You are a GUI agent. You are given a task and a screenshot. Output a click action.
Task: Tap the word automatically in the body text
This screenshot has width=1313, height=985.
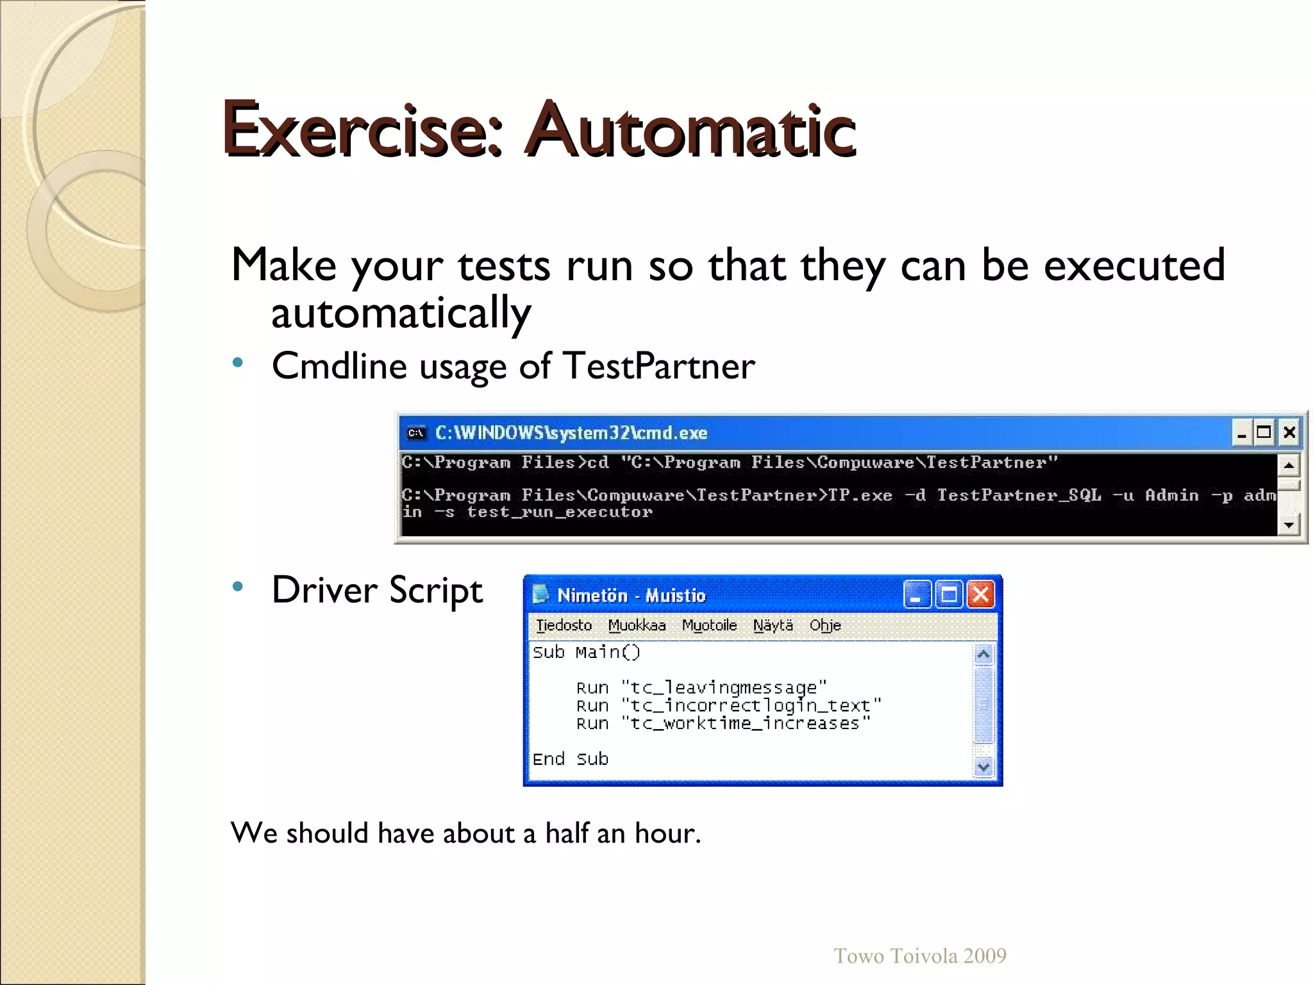pyautogui.click(x=401, y=314)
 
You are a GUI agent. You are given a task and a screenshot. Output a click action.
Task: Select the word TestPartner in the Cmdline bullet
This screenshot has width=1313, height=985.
pyautogui.click(x=659, y=366)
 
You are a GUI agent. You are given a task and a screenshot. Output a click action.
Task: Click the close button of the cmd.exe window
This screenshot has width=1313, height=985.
pyautogui.click(x=1289, y=433)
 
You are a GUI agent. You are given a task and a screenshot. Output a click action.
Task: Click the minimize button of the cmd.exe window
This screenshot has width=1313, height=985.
pyautogui.click(x=1242, y=433)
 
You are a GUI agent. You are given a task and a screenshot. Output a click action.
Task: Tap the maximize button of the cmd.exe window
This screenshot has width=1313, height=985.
pyautogui.click(x=1264, y=433)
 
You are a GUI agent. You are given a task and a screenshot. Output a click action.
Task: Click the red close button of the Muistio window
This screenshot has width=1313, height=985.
pyautogui.click(x=981, y=594)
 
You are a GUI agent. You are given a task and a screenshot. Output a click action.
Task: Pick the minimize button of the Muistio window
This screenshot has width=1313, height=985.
pyautogui.click(x=917, y=594)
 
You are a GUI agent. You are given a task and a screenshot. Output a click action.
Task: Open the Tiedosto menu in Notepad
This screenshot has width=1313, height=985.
pyautogui.click(x=564, y=625)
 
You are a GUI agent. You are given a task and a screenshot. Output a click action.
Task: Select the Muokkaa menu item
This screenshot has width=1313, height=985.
pyautogui.click(x=637, y=625)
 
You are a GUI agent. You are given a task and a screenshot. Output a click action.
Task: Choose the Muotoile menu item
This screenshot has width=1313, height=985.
pyautogui.click(x=709, y=625)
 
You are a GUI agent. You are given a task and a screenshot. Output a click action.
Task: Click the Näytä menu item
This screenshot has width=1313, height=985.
pyautogui.click(x=773, y=625)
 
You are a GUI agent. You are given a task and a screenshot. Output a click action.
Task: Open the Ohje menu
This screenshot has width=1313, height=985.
pyautogui.click(x=825, y=625)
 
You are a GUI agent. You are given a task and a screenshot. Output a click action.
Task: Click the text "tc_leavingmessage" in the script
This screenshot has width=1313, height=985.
pyautogui.click(x=724, y=688)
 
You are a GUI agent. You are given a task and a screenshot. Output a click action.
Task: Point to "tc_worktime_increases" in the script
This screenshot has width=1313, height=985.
pyautogui.click(x=746, y=724)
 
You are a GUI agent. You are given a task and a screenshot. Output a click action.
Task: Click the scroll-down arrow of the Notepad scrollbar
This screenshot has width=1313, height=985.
pyautogui.click(x=983, y=766)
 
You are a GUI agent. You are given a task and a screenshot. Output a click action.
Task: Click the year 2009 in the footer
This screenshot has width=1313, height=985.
pyautogui.click(x=985, y=956)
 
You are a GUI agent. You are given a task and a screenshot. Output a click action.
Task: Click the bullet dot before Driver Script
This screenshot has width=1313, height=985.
pyautogui.click(x=238, y=586)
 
